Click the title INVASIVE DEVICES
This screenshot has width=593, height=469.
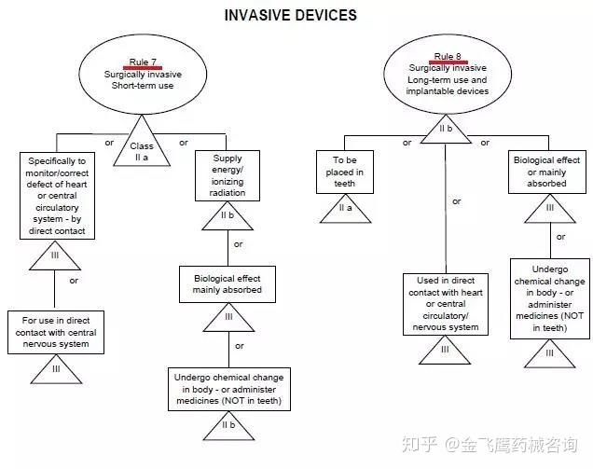pos(291,15)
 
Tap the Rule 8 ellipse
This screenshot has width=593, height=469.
pos(448,72)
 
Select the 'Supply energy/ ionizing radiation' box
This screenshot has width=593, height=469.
pos(227,176)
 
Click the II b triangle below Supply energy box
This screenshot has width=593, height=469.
pos(227,217)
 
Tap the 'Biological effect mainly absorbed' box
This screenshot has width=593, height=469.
pos(227,283)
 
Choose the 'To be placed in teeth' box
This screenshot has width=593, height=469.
pos(344,172)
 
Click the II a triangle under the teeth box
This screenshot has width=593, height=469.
pos(344,211)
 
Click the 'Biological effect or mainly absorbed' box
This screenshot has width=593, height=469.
pos(549,172)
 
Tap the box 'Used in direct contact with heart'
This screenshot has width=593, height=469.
pos(445,302)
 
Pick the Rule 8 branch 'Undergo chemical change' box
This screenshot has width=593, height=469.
pos(550,297)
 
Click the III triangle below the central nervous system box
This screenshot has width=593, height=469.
pos(57,371)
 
